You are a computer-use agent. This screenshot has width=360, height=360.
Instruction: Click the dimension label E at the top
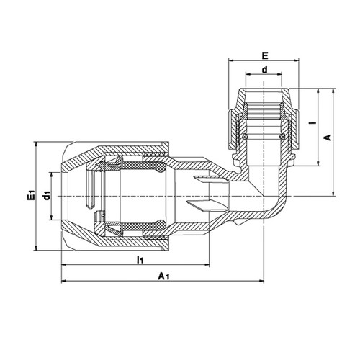coord(265,55)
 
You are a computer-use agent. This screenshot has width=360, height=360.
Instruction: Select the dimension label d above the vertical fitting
coord(264,70)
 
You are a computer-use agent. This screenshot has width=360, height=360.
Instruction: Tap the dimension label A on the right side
coord(328,138)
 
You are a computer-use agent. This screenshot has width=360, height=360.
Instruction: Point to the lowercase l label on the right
coord(312,122)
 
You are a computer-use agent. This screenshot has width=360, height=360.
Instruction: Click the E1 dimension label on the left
coord(32,195)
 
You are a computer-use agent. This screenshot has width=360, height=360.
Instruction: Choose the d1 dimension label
coord(46,195)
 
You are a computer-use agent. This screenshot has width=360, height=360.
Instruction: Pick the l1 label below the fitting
coord(140,259)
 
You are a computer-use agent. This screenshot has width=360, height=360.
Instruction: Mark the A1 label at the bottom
coord(163,276)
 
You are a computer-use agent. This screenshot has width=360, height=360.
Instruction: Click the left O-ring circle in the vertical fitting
coord(245,137)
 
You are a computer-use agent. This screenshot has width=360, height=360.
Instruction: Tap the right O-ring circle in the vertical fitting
coord(282,137)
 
